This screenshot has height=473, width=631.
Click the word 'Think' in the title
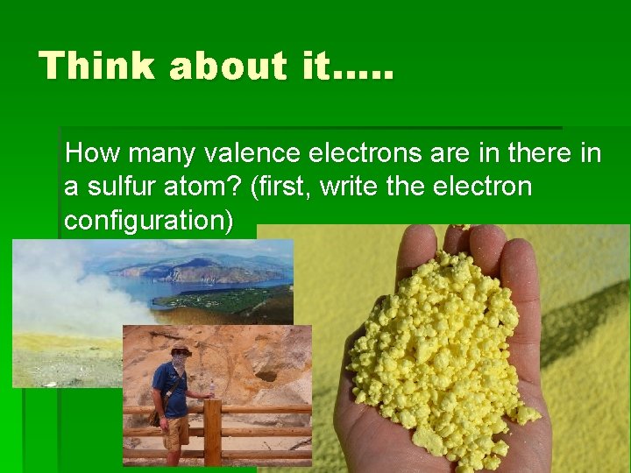click(x=96, y=67)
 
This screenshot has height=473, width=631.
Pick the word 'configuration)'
click(x=149, y=221)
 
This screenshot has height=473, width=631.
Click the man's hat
click(x=181, y=349)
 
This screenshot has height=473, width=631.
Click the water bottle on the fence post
click(x=210, y=390)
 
